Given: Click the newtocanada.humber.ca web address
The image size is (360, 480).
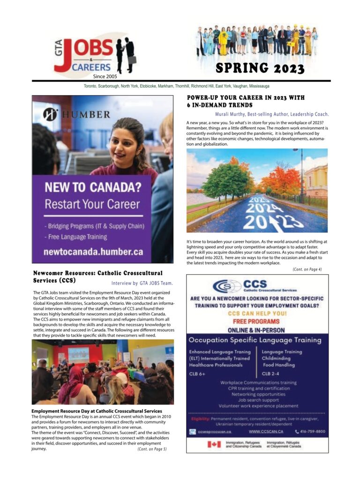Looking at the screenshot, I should (93, 252).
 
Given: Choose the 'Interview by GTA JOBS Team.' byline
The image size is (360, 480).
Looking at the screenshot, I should (142, 283).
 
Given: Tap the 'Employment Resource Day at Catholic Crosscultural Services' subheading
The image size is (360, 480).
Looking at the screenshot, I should (97, 411).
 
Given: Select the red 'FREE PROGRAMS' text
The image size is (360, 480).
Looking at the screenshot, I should (256, 322).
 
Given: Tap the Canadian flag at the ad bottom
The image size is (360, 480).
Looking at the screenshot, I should (214, 444).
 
